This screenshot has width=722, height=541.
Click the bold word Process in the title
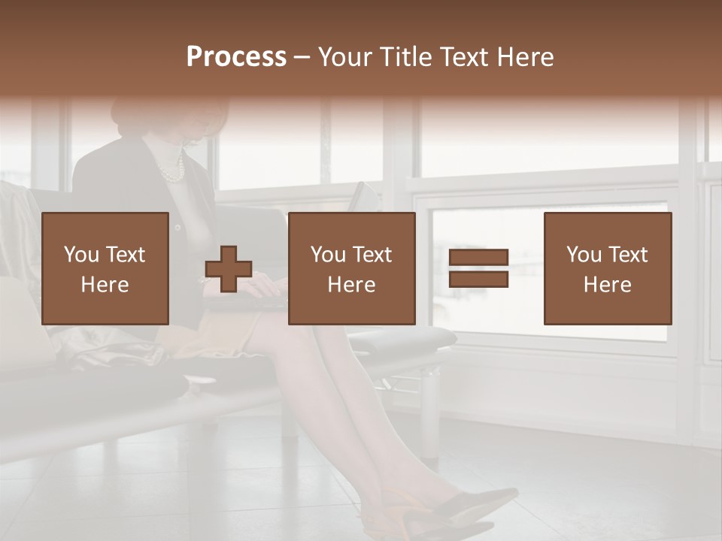click(236, 57)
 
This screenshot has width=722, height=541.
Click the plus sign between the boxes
click(229, 268)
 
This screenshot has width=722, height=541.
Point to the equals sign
click(478, 268)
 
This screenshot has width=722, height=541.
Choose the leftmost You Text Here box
click(105, 268)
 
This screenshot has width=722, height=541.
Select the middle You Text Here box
click(351, 268)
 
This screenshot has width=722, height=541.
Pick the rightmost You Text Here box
click(607, 268)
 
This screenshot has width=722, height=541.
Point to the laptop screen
click(366, 198)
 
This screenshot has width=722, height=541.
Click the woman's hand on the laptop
click(265, 285)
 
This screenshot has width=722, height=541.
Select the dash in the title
click(302, 57)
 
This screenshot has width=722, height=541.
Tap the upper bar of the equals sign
click(478, 258)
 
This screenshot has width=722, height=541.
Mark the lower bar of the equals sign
click(478, 280)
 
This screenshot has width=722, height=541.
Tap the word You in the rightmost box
click(584, 255)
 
